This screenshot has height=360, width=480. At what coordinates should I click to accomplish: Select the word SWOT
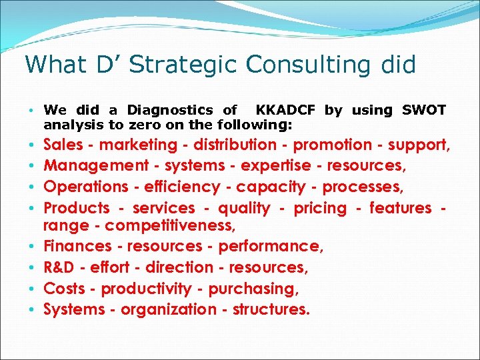point(424,110)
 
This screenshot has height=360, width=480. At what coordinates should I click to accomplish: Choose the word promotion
point(333,145)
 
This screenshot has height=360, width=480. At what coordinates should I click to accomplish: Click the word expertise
point(276,165)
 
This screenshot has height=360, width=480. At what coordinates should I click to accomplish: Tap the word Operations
point(85,187)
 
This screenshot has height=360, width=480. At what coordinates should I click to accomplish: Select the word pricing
point(311,208)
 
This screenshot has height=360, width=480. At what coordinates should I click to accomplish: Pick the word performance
point(270,246)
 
